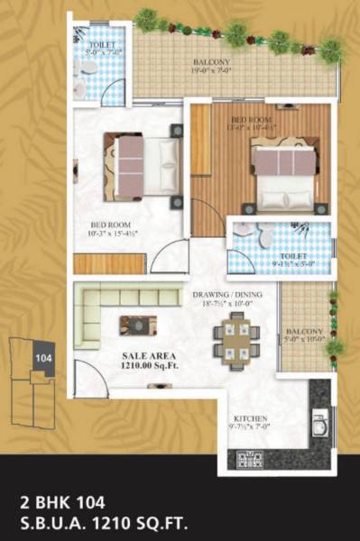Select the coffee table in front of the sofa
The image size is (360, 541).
pos(138,324)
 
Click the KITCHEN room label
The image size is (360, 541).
pos(249,419)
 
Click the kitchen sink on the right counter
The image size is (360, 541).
pos(319,421)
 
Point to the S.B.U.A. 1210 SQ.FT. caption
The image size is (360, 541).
pos(115,520)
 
